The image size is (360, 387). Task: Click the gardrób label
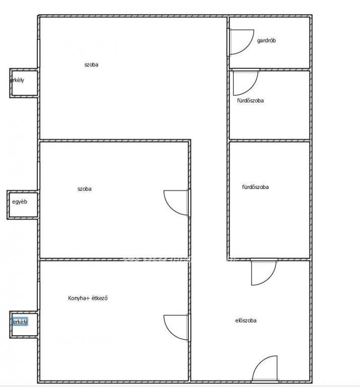pyautogui.click(x=266, y=40)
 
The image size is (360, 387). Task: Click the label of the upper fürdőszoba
pyautogui.click(x=250, y=100)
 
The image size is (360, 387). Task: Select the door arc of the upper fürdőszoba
pyautogui.click(x=254, y=87)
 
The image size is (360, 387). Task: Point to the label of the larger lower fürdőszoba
pyautogui.click(x=255, y=187)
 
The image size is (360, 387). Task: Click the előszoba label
pyautogui.click(x=246, y=320)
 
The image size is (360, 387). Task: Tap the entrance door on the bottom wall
pyautogui.click(x=265, y=368)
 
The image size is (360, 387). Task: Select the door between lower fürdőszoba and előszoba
pyautogui.click(x=264, y=273)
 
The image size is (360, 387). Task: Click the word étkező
pyautogui.click(x=100, y=298)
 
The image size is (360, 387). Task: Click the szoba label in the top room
pyautogui.click(x=91, y=64)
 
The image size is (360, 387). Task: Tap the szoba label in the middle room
pyautogui.click(x=84, y=189)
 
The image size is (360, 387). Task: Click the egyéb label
pyautogui.click(x=20, y=202)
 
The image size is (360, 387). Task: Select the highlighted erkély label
pyautogui.click(x=20, y=321)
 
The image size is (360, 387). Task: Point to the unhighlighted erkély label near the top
pyautogui.click(x=17, y=80)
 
